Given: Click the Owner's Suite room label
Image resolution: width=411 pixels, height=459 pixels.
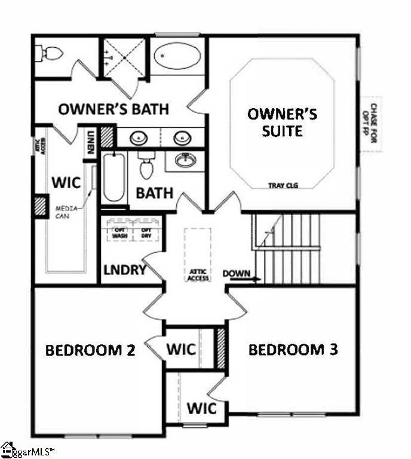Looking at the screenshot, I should coord(283,121).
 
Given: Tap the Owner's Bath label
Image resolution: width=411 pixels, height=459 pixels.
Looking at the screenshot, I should coord(113,109).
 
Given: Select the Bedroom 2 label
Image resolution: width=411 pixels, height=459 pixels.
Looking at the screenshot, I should coord(90,350).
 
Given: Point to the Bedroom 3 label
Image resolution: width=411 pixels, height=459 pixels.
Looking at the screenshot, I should coord(293,350).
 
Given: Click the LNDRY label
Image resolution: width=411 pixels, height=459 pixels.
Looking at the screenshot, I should coord(124,270).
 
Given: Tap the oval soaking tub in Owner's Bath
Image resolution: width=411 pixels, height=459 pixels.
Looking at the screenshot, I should coord(178,56).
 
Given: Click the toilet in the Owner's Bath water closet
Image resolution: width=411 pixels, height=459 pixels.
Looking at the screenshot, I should coord(51,54).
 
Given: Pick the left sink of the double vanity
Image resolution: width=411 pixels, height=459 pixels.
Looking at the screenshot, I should coord(139,137).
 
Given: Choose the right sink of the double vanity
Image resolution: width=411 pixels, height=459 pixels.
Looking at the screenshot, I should coord(182,137).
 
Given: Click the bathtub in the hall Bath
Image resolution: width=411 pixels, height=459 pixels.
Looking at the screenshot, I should coord(113,178).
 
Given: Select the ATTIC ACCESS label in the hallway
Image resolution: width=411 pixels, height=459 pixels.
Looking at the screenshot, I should coord(198,273).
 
